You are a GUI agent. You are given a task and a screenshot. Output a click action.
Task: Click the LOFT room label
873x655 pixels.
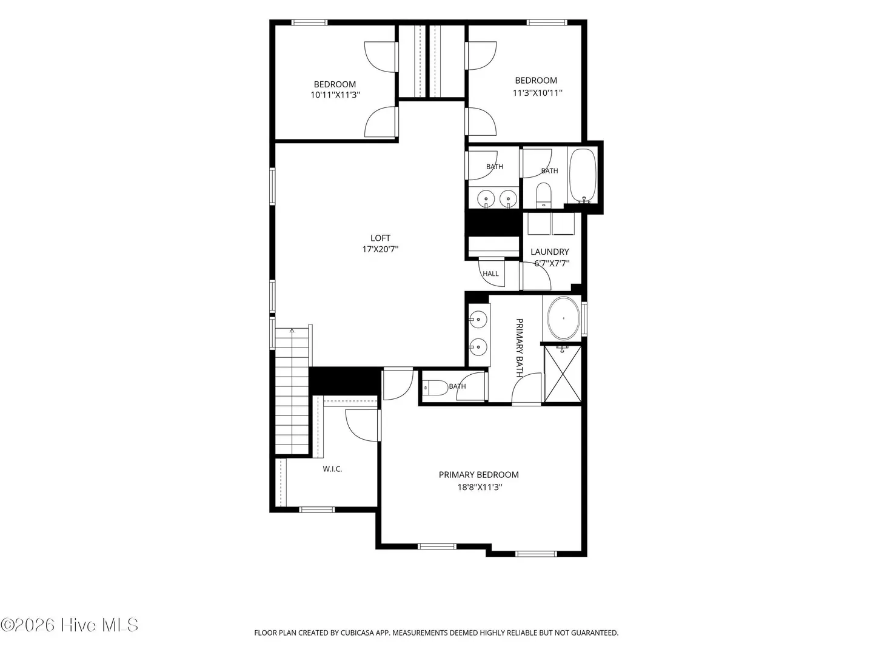380,238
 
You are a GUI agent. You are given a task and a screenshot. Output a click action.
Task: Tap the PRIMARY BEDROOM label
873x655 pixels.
478,474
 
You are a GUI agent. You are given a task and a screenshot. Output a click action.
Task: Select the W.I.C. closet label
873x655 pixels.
332,469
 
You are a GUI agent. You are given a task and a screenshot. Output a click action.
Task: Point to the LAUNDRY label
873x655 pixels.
550,252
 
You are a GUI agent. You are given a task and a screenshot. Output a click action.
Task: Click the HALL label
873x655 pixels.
490,274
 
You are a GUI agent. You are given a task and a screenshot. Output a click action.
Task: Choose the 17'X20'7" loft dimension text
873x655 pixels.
380,249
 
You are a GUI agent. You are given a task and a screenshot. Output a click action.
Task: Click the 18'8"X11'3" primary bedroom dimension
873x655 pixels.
480,487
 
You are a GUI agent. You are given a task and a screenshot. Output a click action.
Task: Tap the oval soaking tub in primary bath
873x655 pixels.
563,318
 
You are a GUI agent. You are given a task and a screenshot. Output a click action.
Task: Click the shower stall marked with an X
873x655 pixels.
563,374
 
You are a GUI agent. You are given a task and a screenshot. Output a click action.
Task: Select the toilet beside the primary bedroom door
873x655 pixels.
435,388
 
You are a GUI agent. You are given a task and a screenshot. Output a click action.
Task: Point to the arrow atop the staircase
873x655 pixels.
292,331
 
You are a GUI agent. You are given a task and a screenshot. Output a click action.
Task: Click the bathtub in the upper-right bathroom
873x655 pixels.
583,176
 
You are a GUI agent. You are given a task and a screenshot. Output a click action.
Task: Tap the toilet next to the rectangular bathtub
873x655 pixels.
543,195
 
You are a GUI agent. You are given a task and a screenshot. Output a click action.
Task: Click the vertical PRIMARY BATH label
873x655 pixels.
519,348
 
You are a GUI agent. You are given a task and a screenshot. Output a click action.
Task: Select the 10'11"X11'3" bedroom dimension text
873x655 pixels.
335,95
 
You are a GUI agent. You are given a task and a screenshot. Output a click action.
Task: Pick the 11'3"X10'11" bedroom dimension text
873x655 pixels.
537,93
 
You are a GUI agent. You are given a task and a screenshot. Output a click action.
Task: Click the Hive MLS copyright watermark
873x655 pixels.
69,625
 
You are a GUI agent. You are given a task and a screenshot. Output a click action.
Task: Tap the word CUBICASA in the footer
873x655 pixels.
356,633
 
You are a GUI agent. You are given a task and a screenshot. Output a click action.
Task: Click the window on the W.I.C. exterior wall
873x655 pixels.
317,509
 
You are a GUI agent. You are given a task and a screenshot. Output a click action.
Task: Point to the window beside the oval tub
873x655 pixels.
584,319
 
